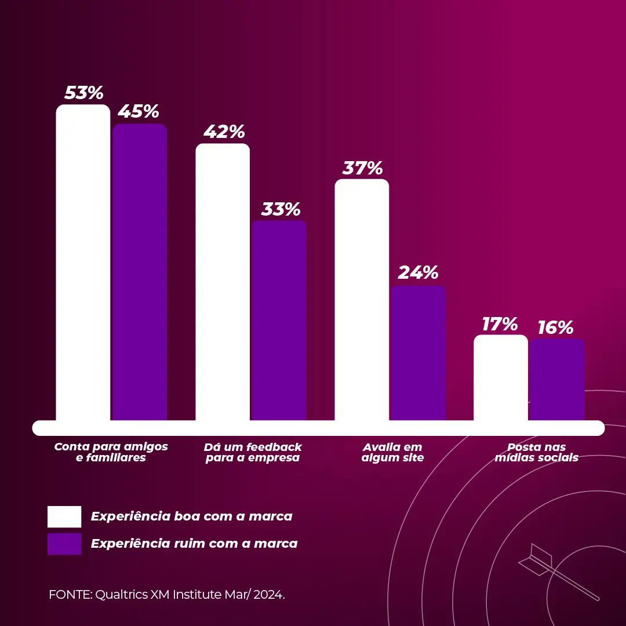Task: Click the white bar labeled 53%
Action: [x=83, y=264]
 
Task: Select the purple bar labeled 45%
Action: [x=140, y=272]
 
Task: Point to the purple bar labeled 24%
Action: [x=418, y=353]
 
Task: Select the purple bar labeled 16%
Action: [x=556, y=380]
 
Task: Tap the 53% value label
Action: [x=83, y=93]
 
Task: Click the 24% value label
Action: [x=418, y=272]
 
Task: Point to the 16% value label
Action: [x=555, y=327]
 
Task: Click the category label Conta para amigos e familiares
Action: [x=111, y=452]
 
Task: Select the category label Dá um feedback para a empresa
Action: [x=253, y=452]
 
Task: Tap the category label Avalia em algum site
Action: [x=392, y=452]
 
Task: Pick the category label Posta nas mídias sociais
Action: [x=536, y=452]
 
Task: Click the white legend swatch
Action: [x=64, y=516]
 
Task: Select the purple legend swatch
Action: [x=64, y=544]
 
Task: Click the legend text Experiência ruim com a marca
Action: [x=194, y=544]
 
